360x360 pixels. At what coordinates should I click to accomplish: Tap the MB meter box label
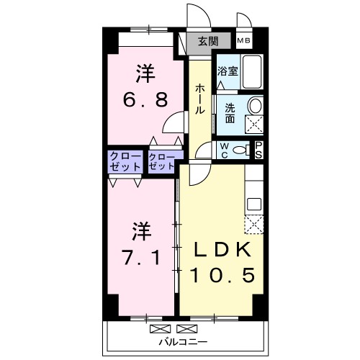pyautogui.click(x=244, y=41)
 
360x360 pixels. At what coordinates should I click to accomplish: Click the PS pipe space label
pyautogui.click(x=259, y=150)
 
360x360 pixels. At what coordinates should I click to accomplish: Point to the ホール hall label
pyautogui.click(x=199, y=100)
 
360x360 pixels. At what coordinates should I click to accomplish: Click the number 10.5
pyautogui.click(x=222, y=275)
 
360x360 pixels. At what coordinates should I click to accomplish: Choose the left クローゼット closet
pyautogui.click(x=125, y=161)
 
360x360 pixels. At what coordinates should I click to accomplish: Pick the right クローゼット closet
pyautogui.click(x=162, y=161)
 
